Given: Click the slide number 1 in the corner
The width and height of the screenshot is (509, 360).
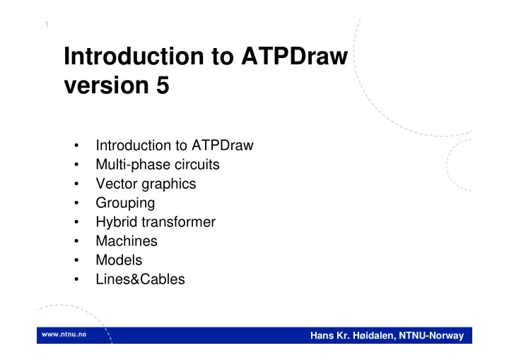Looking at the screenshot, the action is pyautogui.click(x=47, y=24).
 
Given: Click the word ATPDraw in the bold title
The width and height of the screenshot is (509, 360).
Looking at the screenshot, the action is pyautogui.click(x=294, y=56).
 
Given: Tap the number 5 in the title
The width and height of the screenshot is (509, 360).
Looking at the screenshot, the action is pyautogui.click(x=163, y=85).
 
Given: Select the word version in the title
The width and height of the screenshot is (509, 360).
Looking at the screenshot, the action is pyautogui.click(x=106, y=86).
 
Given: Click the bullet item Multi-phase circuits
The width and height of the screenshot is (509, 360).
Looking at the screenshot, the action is pyautogui.click(x=158, y=165).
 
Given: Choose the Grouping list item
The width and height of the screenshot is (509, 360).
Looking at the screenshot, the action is pyautogui.click(x=125, y=204).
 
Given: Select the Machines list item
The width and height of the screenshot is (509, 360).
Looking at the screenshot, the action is pyautogui.click(x=127, y=241).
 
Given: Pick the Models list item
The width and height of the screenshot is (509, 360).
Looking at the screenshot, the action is pyautogui.click(x=119, y=260).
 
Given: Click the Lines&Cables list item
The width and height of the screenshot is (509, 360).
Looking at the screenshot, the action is pyautogui.click(x=140, y=279).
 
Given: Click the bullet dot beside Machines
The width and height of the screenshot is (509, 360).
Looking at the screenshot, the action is pyautogui.click(x=76, y=241).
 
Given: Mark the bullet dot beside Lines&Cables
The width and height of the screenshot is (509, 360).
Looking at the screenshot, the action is pyautogui.click(x=76, y=279).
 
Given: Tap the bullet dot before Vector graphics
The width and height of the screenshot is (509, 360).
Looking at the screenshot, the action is pyautogui.click(x=76, y=184).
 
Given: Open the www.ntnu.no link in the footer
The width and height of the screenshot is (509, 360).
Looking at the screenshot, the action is pyautogui.click(x=64, y=335).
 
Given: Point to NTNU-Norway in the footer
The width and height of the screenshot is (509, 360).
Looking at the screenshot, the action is pyautogui.click(x=431, y=336).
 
